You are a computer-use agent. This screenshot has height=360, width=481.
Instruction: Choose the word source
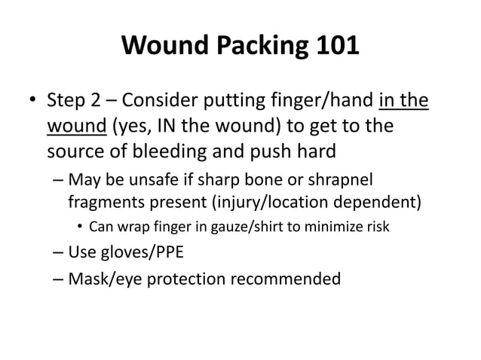tap(71, 150)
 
